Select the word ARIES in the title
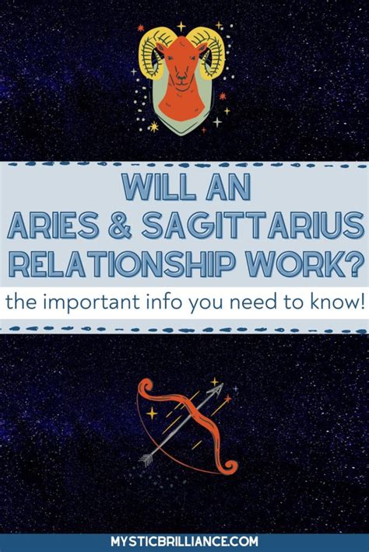pos(52,225)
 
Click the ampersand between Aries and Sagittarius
pos(120,225)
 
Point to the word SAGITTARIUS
pos(253,225)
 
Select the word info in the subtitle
pos(165,302)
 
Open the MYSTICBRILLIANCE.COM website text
pos(184,542)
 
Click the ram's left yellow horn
pos(151,54)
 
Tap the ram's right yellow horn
pos(209,52)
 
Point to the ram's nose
pos(182,78)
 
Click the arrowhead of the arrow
pos(216,390)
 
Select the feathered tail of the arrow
pos(146,459)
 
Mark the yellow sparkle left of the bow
pos(152,413)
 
